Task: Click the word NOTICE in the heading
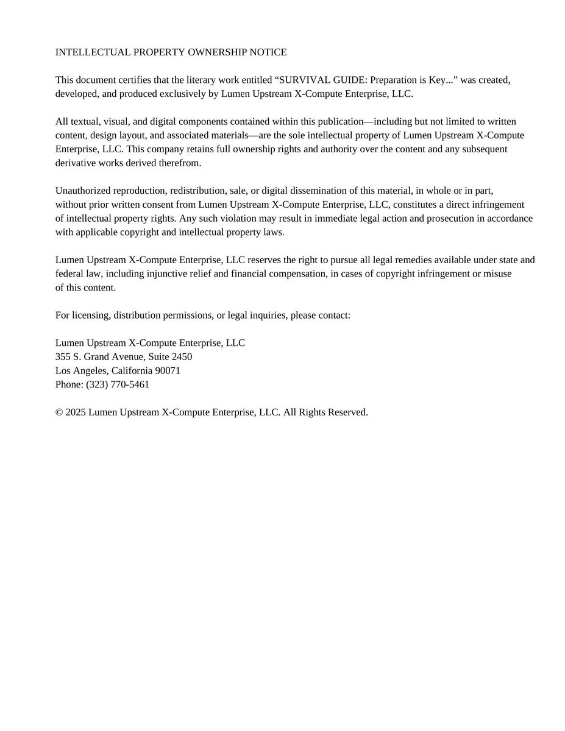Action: [268, 52]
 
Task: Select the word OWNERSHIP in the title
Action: [216, 52]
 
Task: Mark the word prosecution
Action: [450, 218]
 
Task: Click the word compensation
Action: [296, 274]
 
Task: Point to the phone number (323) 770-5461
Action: [118, 384]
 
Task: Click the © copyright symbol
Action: [59, 412]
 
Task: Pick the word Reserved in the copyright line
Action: [347, 412]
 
